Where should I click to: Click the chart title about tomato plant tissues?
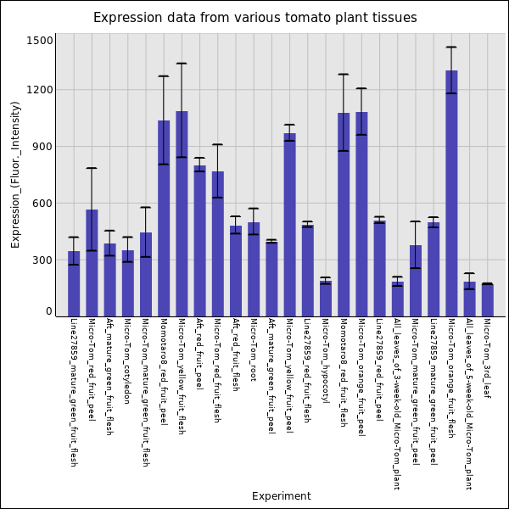pyautogui.click(x=255, y=18)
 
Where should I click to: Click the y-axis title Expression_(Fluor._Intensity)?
pyautogui.click(x=15, y=174)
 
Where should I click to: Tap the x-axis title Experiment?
pyautogui.click(x=281, y=496)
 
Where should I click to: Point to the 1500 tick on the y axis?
pyautogui.click(x=40, y=41)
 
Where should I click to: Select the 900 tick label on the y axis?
pyautogui.click(x=42, y=147)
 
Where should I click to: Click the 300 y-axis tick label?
pyautogui.click(x=42, y=260)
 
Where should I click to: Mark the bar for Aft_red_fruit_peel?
pyautogui.click(x=199, y=241)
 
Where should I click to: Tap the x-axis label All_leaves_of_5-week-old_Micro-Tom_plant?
pyautogui.click(x=469, y=404)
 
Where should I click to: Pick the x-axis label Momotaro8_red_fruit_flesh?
pyautogui.click(x=343, y=372)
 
